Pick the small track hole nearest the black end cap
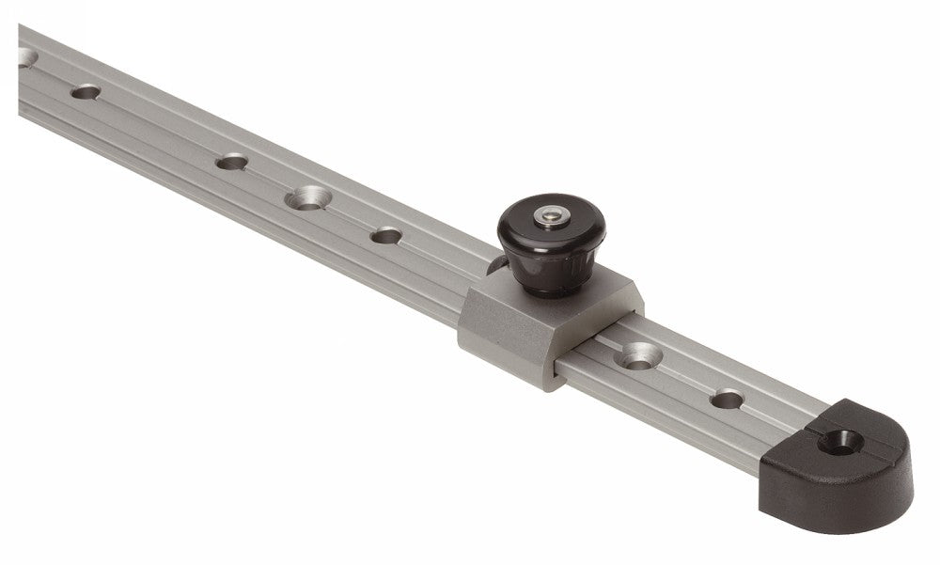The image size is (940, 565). click(727, 400)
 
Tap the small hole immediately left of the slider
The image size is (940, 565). click(385, 235)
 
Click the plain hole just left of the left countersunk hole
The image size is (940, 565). click(229, 162)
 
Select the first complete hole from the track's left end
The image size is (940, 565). click(86, 92)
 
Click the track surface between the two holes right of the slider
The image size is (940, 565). click(685, 378)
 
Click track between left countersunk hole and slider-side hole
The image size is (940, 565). click(347, 217)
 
